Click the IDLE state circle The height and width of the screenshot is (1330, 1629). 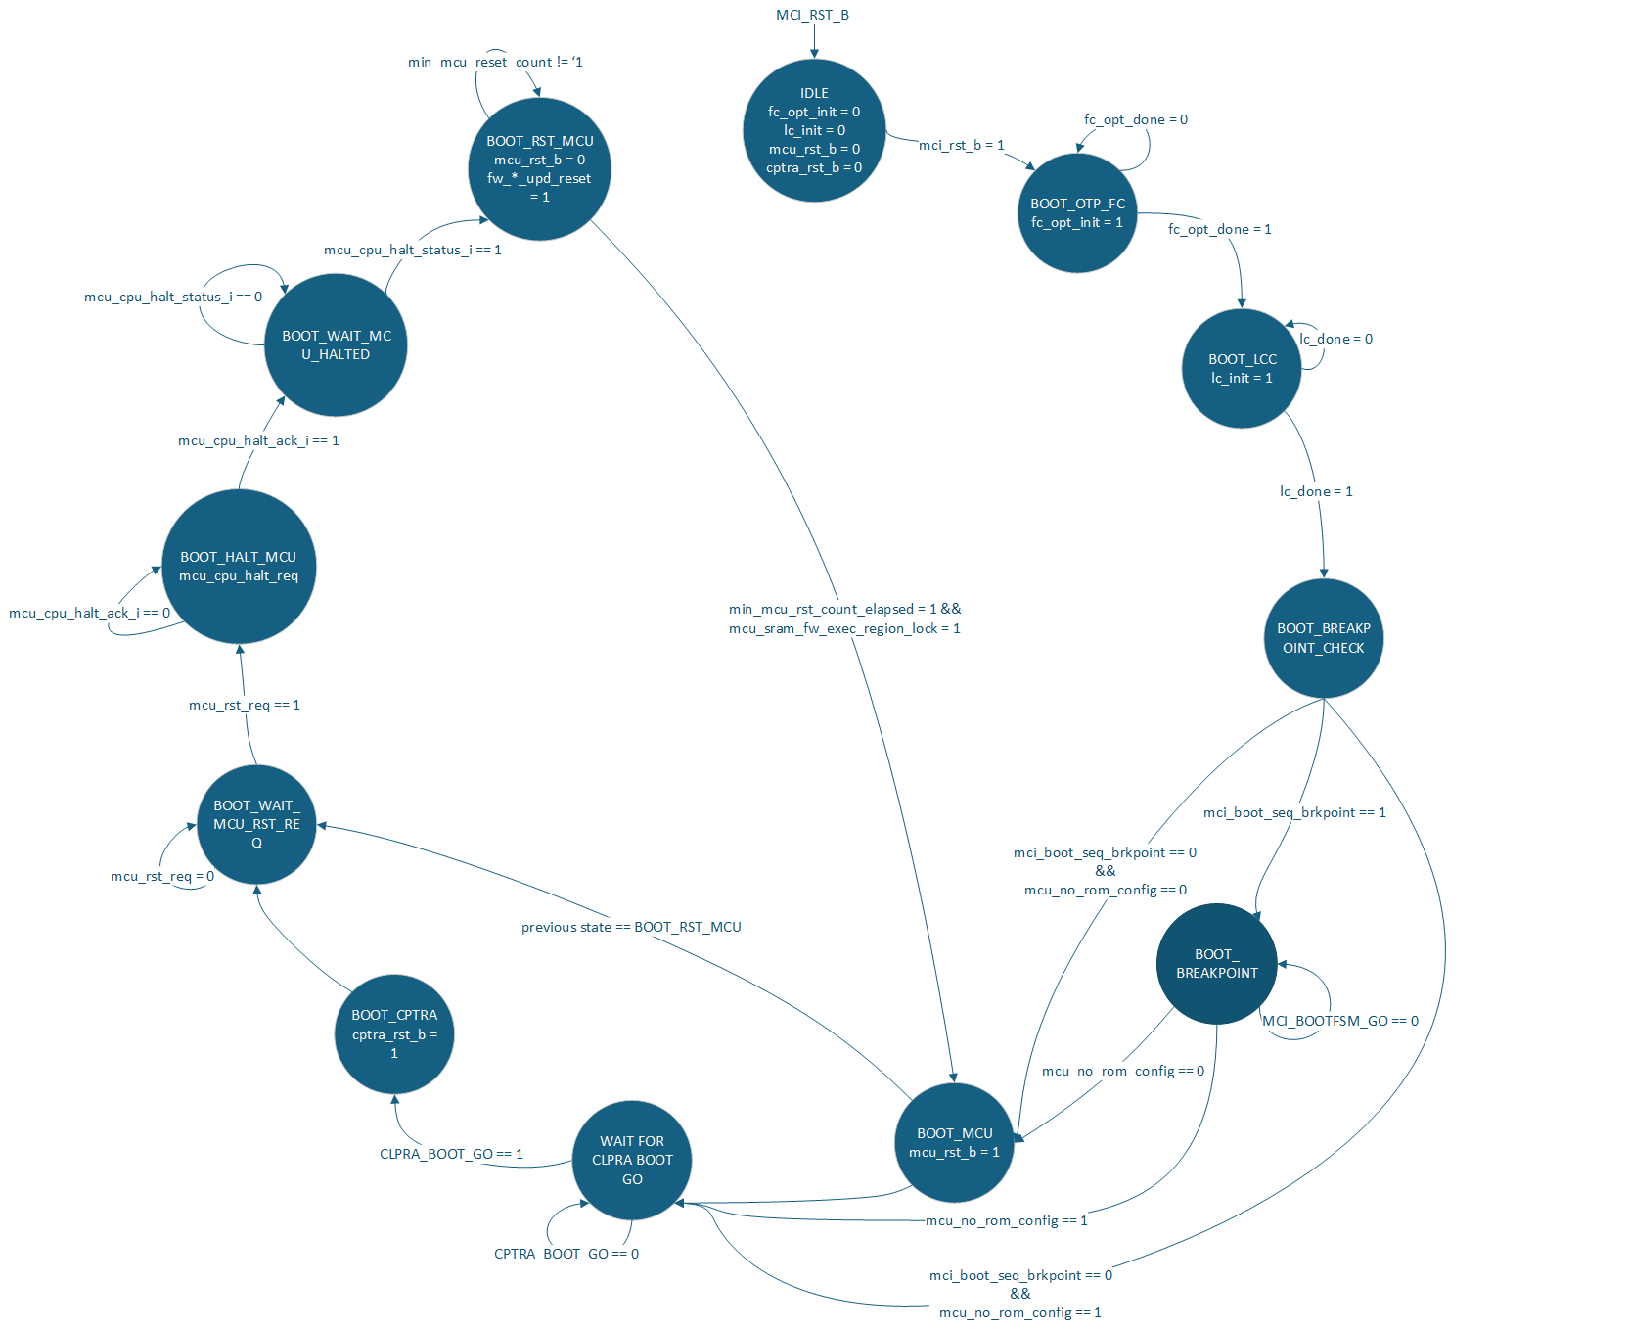(814, 130)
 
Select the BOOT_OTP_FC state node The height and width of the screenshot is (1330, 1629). (1077, 213)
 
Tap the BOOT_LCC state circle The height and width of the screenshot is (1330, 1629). (1242, 369)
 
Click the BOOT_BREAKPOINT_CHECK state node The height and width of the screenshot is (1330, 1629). (1324, 638)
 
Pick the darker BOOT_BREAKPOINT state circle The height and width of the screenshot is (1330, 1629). (1217, 964)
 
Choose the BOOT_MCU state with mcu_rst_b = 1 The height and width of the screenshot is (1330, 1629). (954, 1143)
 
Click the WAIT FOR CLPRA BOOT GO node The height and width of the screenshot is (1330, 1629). (632, 1160)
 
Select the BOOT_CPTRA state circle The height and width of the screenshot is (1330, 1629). (394, 1034)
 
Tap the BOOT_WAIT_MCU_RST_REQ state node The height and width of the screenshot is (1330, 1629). (256, 824)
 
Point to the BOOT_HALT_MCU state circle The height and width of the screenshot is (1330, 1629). (238, 567)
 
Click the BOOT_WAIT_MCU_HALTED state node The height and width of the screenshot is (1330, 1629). (336, 345)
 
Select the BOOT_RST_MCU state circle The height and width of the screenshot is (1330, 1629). (539, 168)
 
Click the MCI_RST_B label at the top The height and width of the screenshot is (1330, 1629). (812, 15)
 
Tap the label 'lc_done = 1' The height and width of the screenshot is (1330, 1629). (1316, 491)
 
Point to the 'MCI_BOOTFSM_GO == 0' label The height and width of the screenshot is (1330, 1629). (1340, 1021)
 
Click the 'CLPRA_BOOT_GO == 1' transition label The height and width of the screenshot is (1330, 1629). (451, 1154)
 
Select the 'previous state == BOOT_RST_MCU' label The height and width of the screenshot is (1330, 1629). (631, 927)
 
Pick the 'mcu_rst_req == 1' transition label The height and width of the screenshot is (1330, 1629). (245, 705)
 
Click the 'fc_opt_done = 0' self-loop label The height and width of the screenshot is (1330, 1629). (1135, 119)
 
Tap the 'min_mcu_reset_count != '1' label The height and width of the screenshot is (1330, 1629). (495, 62)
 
